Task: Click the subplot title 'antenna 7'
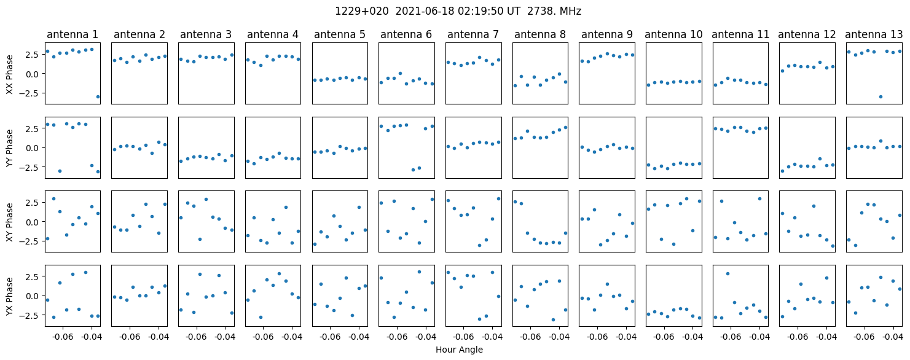coord(473,34)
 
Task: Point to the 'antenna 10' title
coord(673,34)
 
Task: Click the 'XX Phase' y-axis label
coord(9,73)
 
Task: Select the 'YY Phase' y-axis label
coord(9,147)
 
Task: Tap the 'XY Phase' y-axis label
coord(9,221)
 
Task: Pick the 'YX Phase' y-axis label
coord(9,295)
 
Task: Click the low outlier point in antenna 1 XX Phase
coord(98,96)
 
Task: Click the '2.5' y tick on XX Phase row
coord(31,54)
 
